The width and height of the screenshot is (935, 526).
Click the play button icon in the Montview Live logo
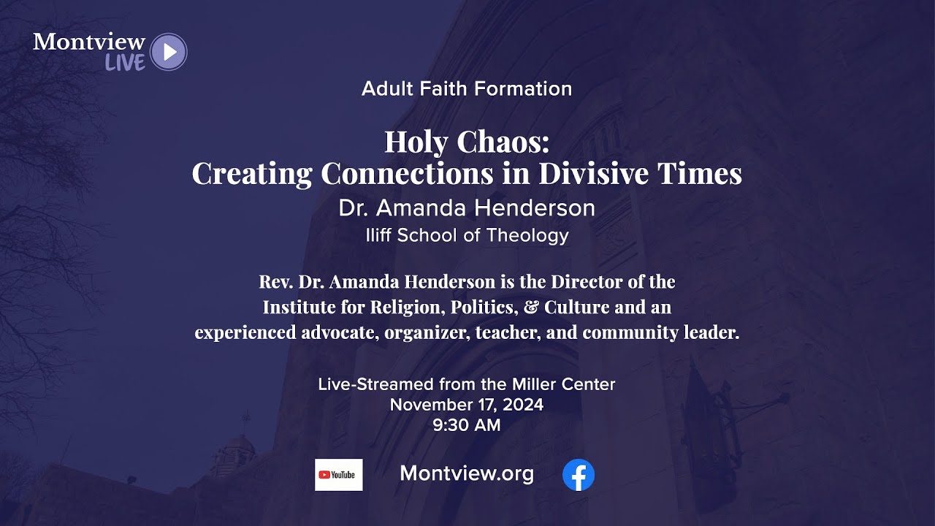(169, 52)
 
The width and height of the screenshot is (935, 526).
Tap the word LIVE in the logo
(125, 64)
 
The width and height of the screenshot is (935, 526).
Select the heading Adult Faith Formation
(467, 89)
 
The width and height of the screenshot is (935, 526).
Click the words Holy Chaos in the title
(467, 141)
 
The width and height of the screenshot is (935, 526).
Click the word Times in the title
(699, 173)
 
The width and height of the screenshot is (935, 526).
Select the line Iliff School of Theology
(467, 235)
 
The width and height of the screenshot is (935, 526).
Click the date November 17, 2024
(467, 405)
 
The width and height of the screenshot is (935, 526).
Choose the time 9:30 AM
(467, 425)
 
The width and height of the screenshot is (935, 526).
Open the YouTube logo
(338, 475)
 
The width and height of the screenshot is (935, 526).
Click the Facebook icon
(579, 475)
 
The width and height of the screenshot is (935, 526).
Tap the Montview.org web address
(467, 474)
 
